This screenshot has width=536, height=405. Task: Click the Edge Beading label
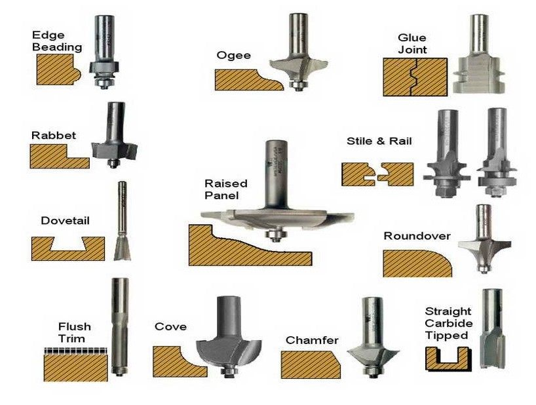click(57, 40)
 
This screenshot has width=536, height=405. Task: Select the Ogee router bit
click(297, 62)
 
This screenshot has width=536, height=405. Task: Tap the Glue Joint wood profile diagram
click(414, 77)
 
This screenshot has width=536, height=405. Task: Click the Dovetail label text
click(65, 221)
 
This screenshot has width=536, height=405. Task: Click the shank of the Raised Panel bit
click(274, 174)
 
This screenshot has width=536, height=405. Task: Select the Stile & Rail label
click(379, 141)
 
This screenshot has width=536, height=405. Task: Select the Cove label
click(170, 326)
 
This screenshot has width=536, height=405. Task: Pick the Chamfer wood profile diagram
click(310, 364)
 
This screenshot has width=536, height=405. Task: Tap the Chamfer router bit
click(372, 341)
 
